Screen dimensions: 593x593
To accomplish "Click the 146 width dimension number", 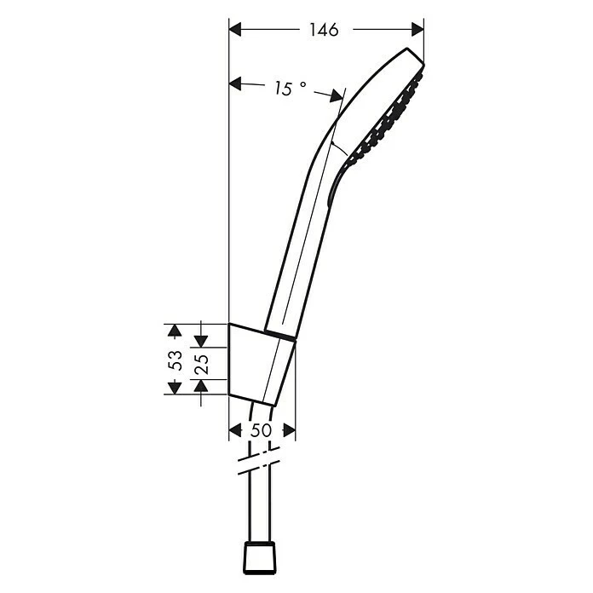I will [323, 31].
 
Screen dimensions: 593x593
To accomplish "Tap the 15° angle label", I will [289, 88].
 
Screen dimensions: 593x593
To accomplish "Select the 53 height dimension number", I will [175, 359].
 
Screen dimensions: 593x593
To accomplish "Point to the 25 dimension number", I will [202, 364].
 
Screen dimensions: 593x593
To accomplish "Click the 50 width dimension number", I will [262, 431].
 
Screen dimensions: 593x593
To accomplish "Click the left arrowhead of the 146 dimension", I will [236, 30].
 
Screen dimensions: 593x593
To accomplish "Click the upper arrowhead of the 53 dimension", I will [174, 329].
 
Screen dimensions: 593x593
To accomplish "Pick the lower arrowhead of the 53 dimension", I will [174, 388].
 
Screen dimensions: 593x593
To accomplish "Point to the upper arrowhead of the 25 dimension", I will [201, 339].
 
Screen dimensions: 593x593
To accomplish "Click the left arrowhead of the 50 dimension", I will [235, 431].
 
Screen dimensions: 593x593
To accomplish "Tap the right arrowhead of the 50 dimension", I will [290, 431].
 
